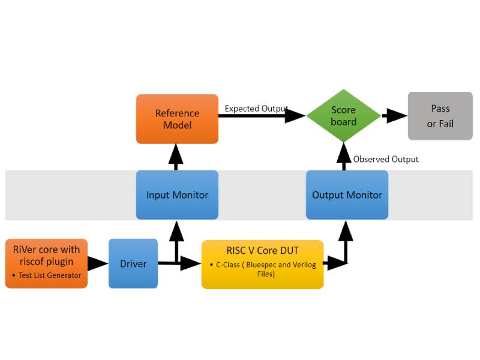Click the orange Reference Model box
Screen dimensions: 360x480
click(x=177, y=119)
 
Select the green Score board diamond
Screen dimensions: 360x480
click(x=343, y=116)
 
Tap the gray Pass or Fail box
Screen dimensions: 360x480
click(x=440, y=116)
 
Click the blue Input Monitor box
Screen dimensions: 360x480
click(x=177, y=195)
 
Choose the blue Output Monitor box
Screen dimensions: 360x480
click(x=347, y=195)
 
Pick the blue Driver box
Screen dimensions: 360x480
click(x=133, y=263)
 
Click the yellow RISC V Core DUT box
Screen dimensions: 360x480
click(x=262, y=264)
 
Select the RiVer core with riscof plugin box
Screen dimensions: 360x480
click(x=46, y=263)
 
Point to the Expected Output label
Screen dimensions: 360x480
click(x=256, y=109)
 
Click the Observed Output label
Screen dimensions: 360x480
click(x=386, y=159)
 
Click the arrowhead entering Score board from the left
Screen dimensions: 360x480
click(x=295, y=116)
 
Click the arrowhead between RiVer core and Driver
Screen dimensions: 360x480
click(x=97, y=263)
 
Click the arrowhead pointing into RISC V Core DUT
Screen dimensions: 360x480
click(x=191, y=263)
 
